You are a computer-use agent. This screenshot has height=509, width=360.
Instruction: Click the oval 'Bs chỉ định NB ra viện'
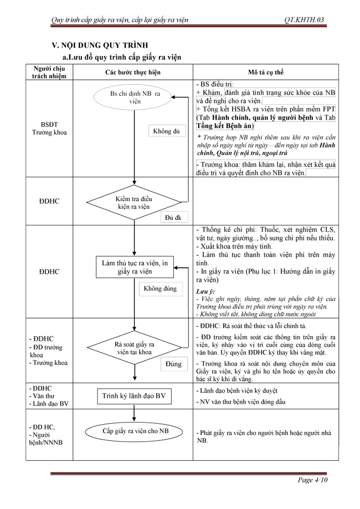click(134, 98)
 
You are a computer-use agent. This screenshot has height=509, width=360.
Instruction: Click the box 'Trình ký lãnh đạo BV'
click(134, 397)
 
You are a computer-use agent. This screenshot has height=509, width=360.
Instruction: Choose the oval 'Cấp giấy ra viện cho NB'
click(135, 431)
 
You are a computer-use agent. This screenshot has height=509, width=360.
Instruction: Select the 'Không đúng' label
click(160, 289)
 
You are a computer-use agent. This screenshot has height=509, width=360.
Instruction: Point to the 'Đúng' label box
click(174, 363)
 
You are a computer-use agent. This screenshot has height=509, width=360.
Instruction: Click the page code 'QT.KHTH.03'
click(303, 20)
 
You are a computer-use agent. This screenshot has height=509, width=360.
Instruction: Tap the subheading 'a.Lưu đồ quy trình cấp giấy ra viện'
click(121, 56)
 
